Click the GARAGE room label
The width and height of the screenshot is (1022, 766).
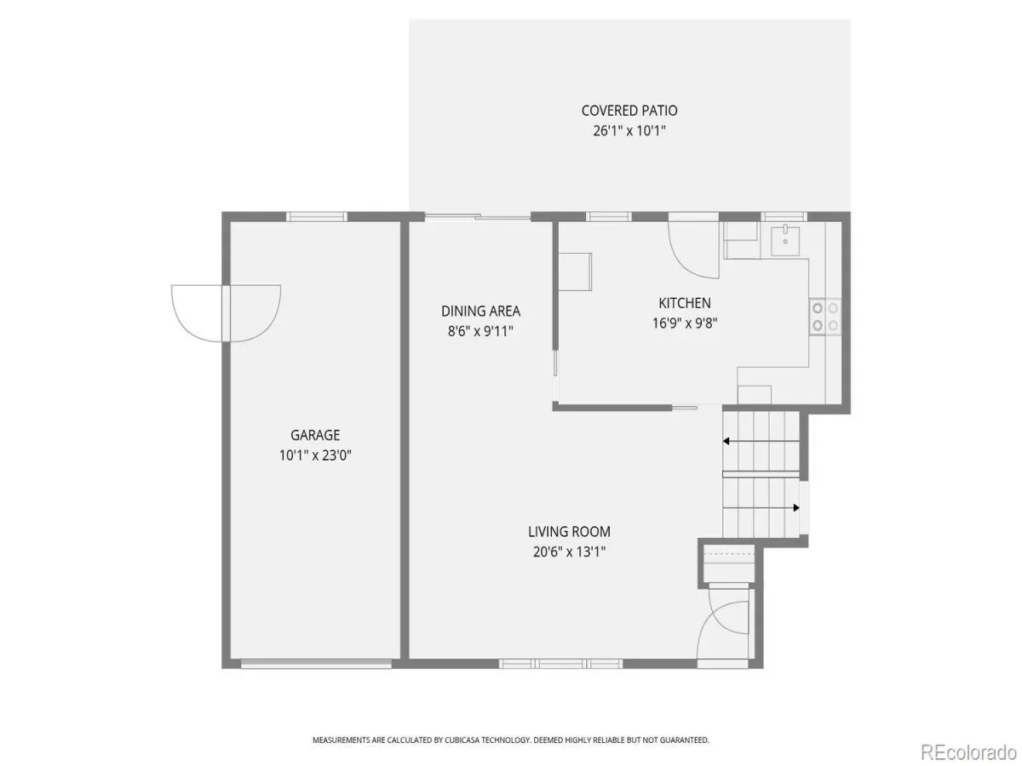(x=315, y=435)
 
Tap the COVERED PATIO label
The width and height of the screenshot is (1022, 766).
(x=629, y=111)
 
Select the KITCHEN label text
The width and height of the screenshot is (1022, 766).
(x=685, y=303)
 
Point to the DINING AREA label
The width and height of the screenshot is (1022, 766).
(x=480, y=312)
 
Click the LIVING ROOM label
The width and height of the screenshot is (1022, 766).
(x=569, y=532)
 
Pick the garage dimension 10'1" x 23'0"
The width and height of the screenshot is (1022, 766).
(x=315, y=454)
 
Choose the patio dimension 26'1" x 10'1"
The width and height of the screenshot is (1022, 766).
(x=629, y=131)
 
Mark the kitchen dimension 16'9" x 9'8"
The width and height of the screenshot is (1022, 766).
(x=685, y=323)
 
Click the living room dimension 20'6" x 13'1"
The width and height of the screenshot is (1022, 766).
(x=569, y=552)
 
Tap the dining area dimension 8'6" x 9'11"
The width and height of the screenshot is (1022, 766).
(x=480, y=331)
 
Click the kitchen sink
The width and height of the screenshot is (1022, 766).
(x=785, y=241)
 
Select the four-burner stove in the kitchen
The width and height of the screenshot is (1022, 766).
(x=825, y=317)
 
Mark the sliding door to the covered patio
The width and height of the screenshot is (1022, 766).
(x=477, y=216)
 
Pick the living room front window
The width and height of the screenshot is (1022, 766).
(x=560, y=664)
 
